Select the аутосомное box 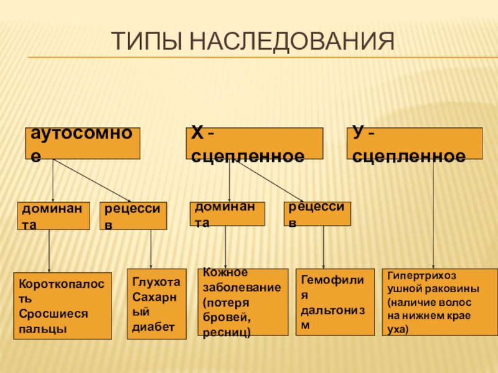pos(82,144)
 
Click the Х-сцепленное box pos(255,144)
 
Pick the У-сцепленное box pos(415,144)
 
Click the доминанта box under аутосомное pos(53,216)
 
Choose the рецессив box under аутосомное pos(133,216)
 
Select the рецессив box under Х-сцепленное pos(317,213)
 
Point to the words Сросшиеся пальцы pos(54,320)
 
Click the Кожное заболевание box pos(243,303)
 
